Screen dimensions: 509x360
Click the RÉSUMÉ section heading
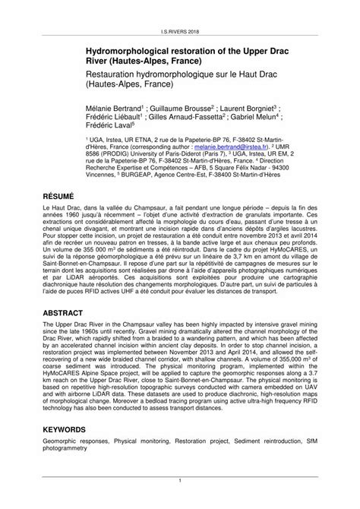[63, 194]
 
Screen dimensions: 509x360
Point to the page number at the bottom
[179, 480]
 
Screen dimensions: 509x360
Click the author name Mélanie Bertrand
[113, 108]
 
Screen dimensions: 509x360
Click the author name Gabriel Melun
[257, 119]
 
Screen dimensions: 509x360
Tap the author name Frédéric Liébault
[112, 119]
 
